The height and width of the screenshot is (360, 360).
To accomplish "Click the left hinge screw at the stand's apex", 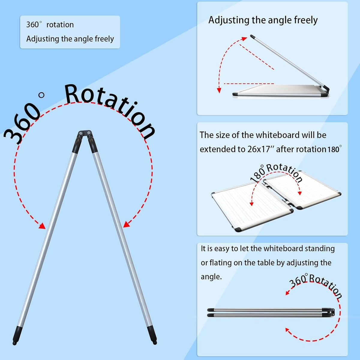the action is coord(81,133).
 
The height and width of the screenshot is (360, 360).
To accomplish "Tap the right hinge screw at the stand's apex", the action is coord(89,133).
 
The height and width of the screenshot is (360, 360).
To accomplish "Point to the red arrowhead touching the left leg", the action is coord(42,226).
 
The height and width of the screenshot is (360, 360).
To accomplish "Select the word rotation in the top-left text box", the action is coord(60,25).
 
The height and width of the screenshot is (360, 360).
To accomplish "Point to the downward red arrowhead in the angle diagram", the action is coord(219,90).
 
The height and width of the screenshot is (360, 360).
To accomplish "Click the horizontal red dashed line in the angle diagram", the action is coord(249,84).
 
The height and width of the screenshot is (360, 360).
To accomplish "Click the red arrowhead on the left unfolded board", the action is coord(251,203).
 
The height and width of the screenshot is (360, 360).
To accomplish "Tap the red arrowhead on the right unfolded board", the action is coord(300,193).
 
